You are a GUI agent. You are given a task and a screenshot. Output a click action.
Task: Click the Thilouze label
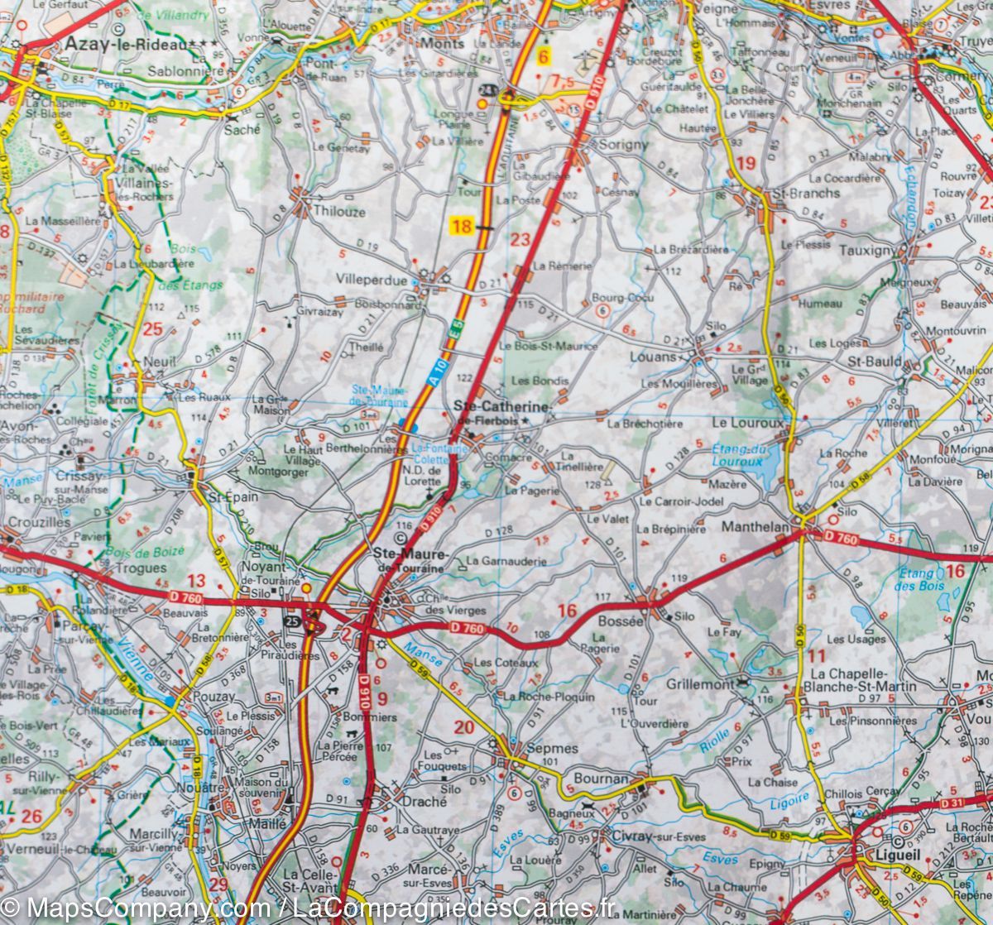click(339, 212)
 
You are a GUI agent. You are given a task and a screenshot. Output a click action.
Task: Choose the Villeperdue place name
click(372, 280)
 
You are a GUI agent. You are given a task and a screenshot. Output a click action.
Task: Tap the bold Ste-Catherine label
click(502, 408)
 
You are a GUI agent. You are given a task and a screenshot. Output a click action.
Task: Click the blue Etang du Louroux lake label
click(737, 455)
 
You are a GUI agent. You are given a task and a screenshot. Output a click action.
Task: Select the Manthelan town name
click(756, 525)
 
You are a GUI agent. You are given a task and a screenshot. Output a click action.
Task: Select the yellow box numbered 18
click(462, 226)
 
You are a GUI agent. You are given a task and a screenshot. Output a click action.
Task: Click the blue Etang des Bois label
click(919, 579)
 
